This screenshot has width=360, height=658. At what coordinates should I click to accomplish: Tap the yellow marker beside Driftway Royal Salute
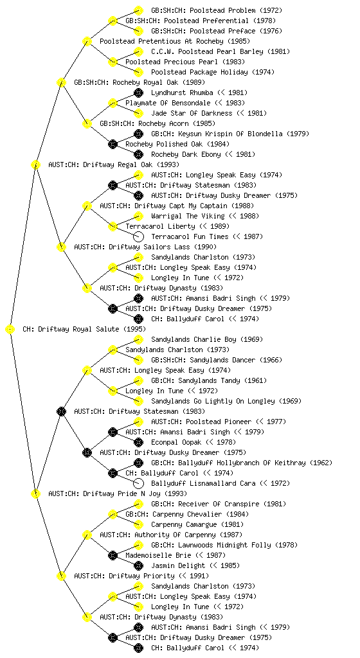coord(10,329)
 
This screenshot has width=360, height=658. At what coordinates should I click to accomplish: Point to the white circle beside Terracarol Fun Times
coord(138,236)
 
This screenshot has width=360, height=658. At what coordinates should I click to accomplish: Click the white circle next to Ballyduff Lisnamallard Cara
coord(138,483)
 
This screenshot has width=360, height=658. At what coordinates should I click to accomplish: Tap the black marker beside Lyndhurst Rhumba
coord(138,93)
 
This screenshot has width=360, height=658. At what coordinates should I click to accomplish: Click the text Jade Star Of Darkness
coord(192,113)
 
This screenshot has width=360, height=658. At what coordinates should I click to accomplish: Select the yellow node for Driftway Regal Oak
coord(36,164)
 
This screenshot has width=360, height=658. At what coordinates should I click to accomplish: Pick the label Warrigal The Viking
coord(188,216)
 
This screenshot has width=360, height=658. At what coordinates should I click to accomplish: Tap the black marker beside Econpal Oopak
coord(138,442)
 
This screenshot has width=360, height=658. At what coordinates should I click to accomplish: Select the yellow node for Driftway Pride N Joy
coord(36,493)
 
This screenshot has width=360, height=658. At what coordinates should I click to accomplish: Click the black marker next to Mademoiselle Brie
coord(113,556)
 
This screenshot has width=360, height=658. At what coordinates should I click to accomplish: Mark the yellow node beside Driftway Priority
coord(62,576)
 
